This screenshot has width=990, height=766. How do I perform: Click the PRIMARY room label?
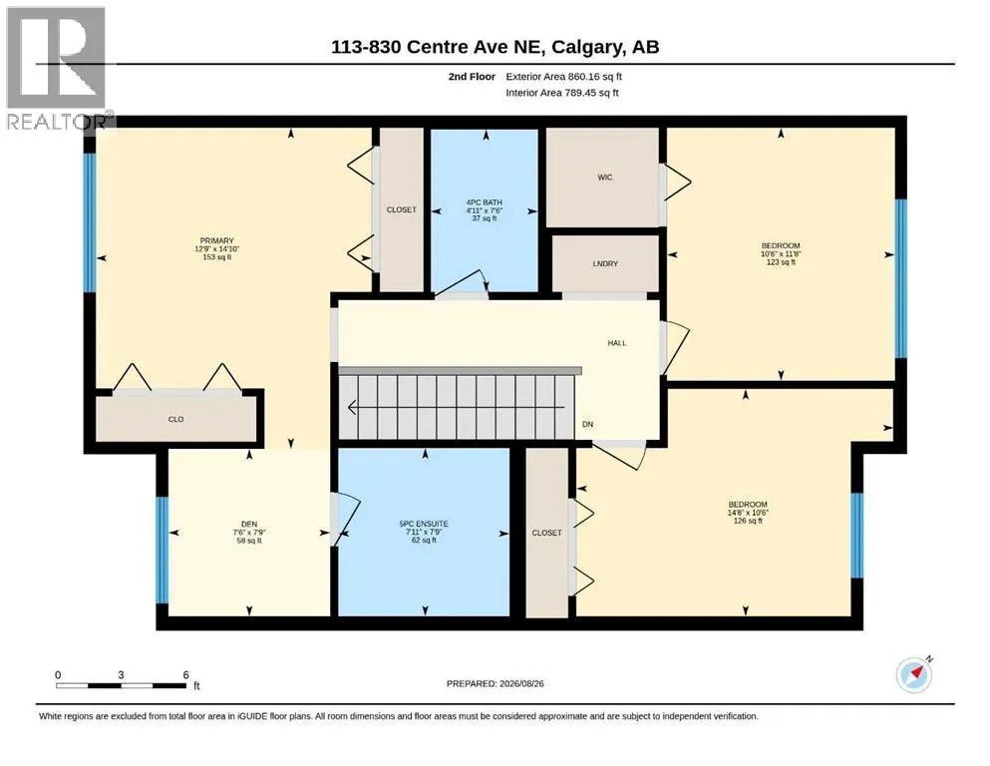pyautogui.click(x=216, y=240)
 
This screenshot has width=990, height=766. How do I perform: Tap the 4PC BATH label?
pyautogui.click(x=485, y=202)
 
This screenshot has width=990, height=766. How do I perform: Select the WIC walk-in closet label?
pyautogui.click(x=605, y=178)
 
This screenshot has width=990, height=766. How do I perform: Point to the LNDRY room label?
pyautogui.click(x=605, y=264)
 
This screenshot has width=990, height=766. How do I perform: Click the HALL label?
pyautogui.click(x=617, y=343)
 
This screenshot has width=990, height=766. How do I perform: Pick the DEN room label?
pyautogui.click(x=249, y=525)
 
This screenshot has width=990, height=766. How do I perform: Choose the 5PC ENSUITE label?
pyautogui.click(x=424, y=524)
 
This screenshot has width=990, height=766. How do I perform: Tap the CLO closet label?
pyautogui.click(x=176, y=419)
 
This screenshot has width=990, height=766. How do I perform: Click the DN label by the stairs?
pyautogui.click(x=588, y=424)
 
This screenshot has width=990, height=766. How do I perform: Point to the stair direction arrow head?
pyautogui.click(x=352, y=408)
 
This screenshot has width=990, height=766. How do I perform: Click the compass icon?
pyautogui.click(x=914, y=674)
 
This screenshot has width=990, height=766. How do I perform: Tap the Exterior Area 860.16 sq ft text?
pyautogui.click(x=564, y=77)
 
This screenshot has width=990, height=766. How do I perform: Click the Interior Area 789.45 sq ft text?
pyautogui.click(x=562, y=93)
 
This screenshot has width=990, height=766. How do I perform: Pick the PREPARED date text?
pyautogui.click(x=495, y=683)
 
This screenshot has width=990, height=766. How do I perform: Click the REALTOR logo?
pyautogui.click(x=57, y=68)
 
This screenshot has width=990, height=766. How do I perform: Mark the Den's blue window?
pyautogui.click(x=163, y=551)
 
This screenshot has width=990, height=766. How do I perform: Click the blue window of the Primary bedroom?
pyautogui.click(x=91, y=222)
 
